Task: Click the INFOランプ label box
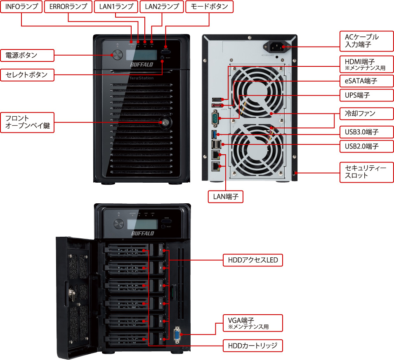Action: coord(21,7)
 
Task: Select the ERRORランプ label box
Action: coord(68,7)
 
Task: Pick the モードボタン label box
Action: coord(210,7)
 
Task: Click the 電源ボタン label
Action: coord(27,55)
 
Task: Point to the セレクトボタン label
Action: coord(27,75)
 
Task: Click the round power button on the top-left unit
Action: coord(117,55)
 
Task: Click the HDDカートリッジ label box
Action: coord(252,346)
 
